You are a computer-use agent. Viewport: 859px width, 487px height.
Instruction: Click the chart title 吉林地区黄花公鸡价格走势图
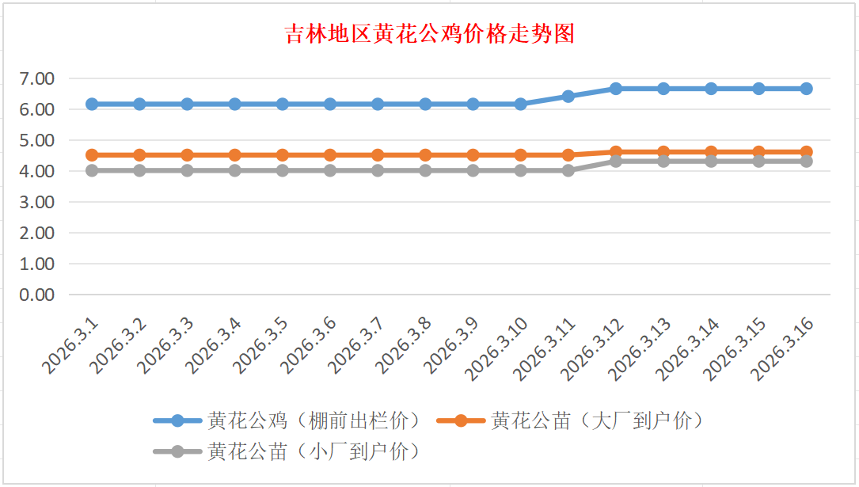[429, 35]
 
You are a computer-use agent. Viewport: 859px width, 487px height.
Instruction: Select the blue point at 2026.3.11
[568, 96]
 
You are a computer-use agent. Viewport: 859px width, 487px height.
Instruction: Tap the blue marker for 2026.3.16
[806, 89]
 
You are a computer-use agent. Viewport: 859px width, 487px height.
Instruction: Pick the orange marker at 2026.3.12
[616, 151]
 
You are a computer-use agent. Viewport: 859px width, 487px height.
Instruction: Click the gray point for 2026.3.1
[92, 170]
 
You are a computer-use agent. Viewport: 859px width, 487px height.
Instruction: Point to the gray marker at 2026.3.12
[616, 161]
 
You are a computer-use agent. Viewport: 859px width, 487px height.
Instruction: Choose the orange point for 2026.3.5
[283, 155]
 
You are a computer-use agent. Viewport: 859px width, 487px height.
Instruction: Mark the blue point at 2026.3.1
[92, 104]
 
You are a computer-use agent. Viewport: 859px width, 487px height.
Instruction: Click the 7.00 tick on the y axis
[38, 78]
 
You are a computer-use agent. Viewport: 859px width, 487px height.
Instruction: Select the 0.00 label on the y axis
[38, 295]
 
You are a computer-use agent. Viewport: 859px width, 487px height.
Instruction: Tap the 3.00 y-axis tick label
[38, 202]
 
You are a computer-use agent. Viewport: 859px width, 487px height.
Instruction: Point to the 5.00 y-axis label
[38, 140]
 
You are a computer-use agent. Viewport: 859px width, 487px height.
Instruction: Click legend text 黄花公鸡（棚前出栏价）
[313, 420]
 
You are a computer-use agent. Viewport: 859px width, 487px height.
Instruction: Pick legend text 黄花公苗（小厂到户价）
[313, 451]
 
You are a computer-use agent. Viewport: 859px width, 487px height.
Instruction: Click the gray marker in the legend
[177, 451]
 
